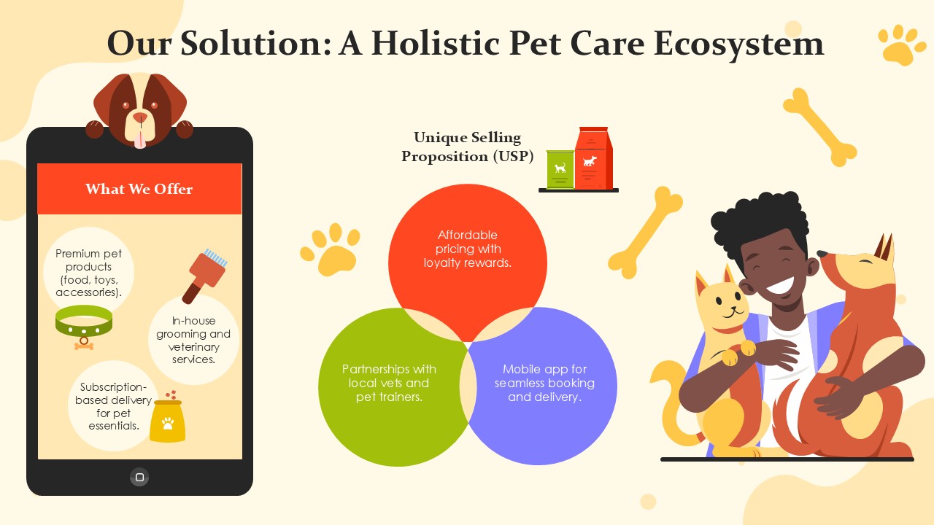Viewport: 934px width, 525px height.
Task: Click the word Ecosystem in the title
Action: (738, 43)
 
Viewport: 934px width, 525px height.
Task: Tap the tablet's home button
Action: (139, 477)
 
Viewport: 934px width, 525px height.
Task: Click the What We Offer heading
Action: (139, 189)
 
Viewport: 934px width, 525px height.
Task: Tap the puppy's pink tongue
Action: (140, 140)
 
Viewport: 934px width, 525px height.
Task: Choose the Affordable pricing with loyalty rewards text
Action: (468, 249)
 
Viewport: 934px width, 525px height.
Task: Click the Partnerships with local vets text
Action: (389, 383)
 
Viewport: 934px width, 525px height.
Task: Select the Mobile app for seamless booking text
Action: (544, 383)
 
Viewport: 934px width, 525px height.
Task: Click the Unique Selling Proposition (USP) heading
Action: (468, 147)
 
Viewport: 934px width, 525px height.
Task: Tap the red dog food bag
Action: (594, 158)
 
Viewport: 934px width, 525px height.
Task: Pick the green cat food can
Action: (560, 170)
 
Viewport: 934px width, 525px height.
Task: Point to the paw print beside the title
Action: (902, 45)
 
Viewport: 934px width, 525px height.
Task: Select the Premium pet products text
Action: (89, 273)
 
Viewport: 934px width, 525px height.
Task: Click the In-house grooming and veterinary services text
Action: (193, 340)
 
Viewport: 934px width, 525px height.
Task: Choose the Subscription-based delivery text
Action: (113, 406)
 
